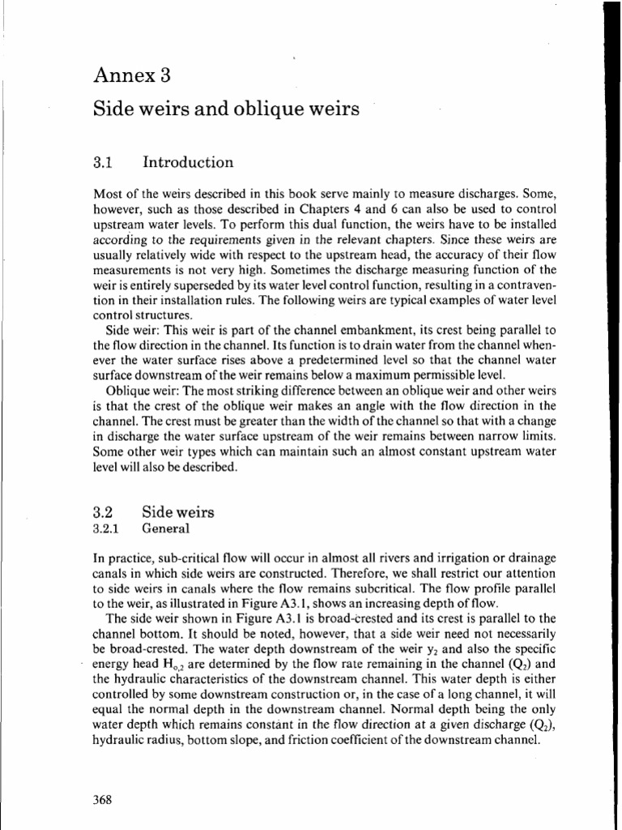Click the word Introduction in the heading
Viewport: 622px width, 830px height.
click(x=188, y=162)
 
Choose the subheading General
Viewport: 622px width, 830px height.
click(x=166, y=528)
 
